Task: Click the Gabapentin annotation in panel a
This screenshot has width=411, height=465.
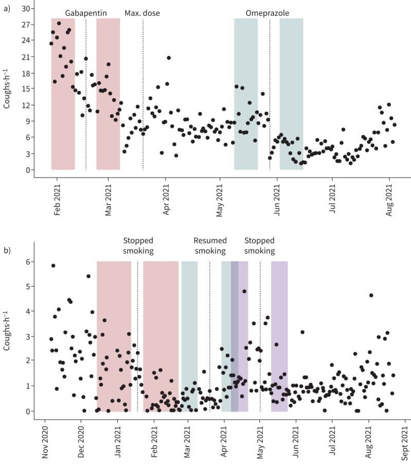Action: pyautogui.click(x=86, y=13)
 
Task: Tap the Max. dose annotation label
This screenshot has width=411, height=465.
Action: pyautogui.click(x=142, y=13)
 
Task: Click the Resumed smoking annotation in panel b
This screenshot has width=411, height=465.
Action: pyautogui.click(x=209, y=245)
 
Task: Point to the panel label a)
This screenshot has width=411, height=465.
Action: pyautogui.click(x=7, y=9)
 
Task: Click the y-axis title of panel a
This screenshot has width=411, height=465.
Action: pyautogui.click(x=7, y=90)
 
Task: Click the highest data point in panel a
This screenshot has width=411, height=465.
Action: pyautogui.click(x=59, y=23)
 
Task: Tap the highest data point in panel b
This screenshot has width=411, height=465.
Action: pyautogui.click(x=53, y=265)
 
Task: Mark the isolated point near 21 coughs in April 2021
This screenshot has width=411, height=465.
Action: pyautogui.click(x=168, y=58)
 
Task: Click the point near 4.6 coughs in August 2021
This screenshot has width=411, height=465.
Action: pyautogui.click(x=371, y=295)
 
